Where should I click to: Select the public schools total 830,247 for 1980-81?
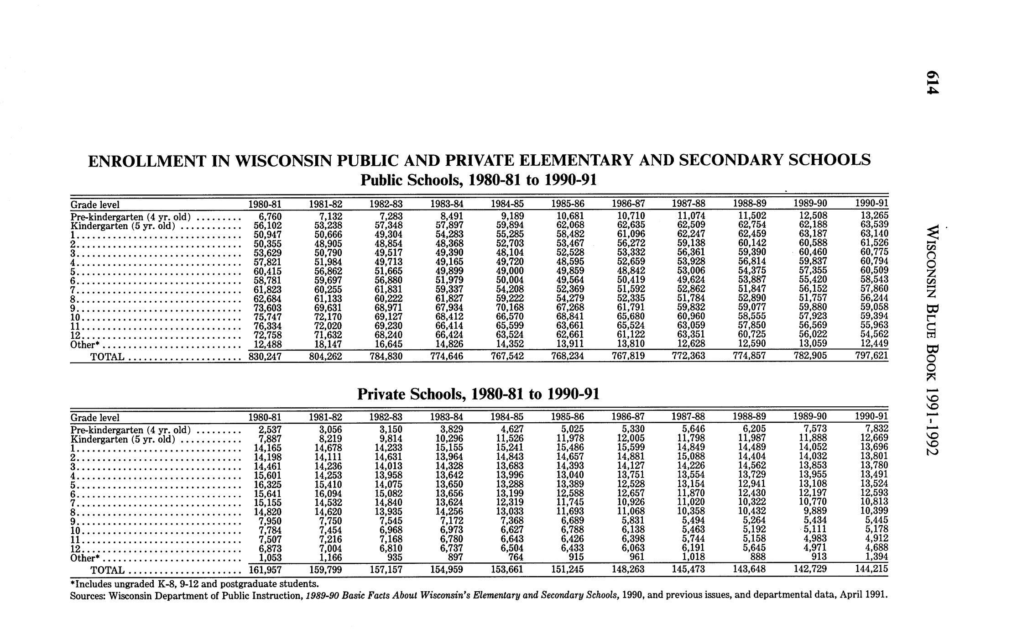(x=265, y=356)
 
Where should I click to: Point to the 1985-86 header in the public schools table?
(x=568, y=204)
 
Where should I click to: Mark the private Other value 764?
(x=514, y=557)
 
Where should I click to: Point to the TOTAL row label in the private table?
(x=108, y=570)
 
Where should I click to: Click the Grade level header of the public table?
(x=95, y=204)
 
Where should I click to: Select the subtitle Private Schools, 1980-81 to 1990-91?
(x=477, y=394)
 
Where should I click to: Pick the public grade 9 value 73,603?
(x=267, y=308)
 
